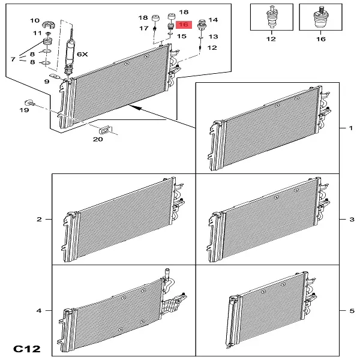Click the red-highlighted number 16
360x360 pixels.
184,25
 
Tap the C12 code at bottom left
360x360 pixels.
27,349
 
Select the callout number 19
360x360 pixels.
24,110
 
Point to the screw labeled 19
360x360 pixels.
29,103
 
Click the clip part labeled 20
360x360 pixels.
106,130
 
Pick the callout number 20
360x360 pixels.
98,139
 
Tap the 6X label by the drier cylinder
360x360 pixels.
82,55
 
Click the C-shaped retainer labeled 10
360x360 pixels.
49,25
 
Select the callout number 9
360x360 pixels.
47,82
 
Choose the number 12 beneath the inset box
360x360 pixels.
271,39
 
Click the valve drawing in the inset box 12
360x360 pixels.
272,17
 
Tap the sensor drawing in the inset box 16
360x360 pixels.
321,17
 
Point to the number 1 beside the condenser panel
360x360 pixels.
350,128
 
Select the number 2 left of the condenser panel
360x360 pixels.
39,219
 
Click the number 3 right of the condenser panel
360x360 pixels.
352,219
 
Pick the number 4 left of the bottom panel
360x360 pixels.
39,311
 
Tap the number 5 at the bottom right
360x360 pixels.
352,311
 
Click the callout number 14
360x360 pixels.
213,20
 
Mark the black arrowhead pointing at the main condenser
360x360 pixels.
136,107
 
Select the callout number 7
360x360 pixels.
13,59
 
